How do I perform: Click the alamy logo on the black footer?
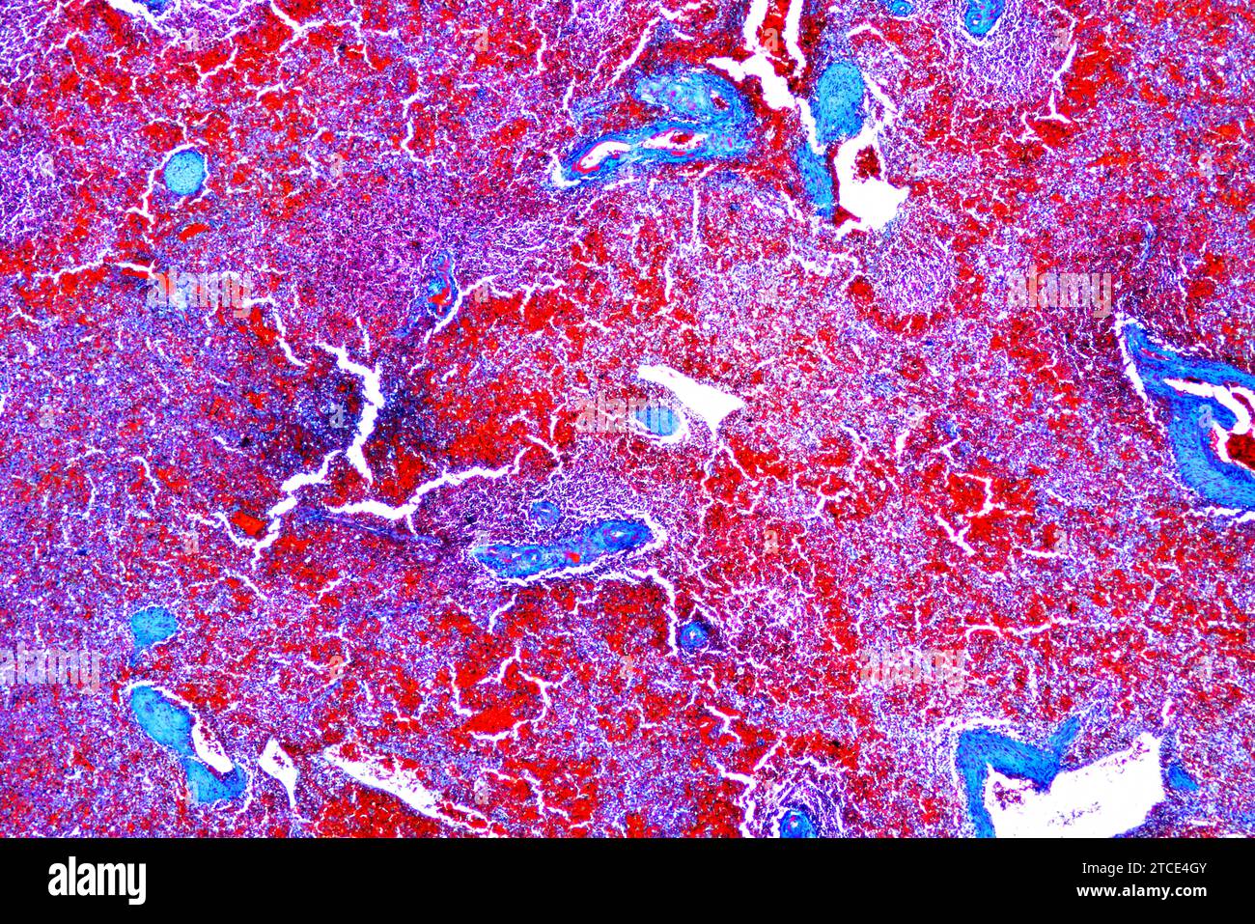[x=98, y=881]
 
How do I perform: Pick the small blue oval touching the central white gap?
[x=658, y=420]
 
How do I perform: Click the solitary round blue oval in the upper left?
[x=183, y=171]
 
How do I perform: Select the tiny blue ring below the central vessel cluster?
[x=692, y=635]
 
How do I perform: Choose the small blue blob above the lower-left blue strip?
[x=153, y=628]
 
